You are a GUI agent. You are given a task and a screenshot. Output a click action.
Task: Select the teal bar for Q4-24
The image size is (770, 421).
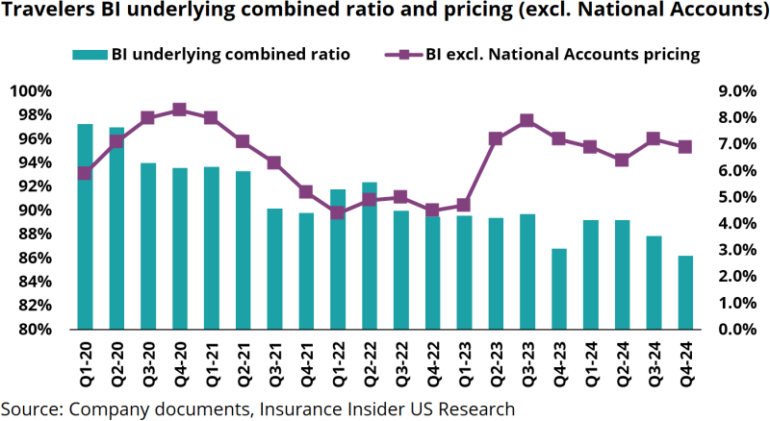686,292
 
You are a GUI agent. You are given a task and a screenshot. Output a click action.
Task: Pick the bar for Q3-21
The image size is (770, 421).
275,269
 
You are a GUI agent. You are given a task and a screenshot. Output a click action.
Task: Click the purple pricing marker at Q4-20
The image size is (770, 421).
180,110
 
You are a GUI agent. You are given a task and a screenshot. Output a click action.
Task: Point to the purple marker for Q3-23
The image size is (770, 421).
527,120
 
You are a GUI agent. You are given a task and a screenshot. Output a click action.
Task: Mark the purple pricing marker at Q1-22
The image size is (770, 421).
338,212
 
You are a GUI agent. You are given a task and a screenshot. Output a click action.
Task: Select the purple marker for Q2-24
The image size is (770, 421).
623,160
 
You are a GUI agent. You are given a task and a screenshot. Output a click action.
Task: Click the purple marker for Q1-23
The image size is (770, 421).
464,205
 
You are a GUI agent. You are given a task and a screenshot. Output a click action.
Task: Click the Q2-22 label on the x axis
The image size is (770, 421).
371,360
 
